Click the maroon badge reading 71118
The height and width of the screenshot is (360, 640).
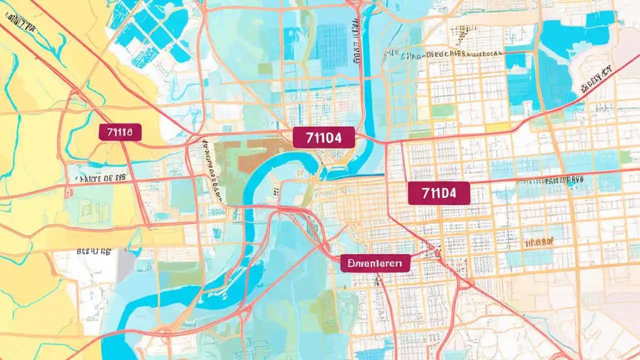tap(120, 132)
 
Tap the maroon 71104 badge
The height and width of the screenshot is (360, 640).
tap(323, 137)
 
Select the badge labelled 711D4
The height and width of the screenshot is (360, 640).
tap(439, 193)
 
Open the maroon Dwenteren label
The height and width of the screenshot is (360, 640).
tap(375, 263)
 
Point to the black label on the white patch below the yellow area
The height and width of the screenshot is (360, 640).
tap(93, 252)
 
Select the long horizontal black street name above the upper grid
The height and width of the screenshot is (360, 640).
tap(445, 54)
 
